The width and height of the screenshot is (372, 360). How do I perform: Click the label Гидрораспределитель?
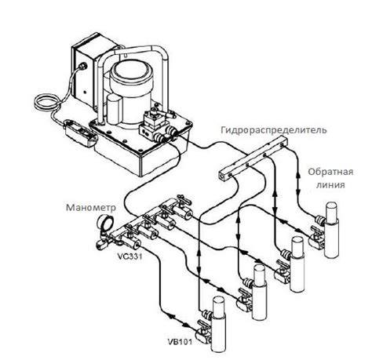pos(274,129)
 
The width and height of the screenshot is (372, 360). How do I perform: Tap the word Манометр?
pos(91,208)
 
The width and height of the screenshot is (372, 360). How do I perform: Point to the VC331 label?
pos(129,256)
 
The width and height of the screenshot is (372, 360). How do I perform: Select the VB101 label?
pos(179,342)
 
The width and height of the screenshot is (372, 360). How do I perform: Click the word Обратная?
pos(330,172)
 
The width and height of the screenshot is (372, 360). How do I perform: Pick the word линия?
pos(330,185)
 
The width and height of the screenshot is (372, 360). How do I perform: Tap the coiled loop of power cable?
pos(46,104)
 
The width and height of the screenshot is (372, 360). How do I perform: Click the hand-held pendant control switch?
pos(81,133)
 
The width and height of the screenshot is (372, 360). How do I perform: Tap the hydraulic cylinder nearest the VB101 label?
pos(217,323)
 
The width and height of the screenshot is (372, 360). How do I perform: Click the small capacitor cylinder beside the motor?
pos(115,108)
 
